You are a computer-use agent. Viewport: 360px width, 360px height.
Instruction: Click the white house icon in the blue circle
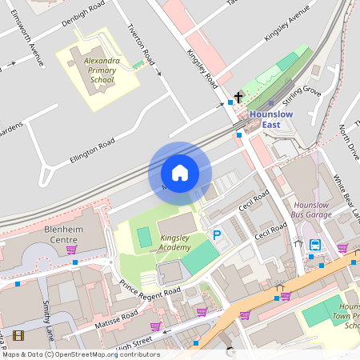pos(180,173)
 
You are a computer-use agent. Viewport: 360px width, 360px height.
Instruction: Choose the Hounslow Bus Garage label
pos(312,210)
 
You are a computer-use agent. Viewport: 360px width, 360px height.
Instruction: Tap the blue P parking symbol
pos(216,235)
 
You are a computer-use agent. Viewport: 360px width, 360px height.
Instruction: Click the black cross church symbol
pos(238,95)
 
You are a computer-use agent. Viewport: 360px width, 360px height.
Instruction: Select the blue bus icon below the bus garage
pos(314,245)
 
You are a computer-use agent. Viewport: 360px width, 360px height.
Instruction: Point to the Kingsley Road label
pos(202,68)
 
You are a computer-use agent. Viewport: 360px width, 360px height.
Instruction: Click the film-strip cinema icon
pos(18,336)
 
